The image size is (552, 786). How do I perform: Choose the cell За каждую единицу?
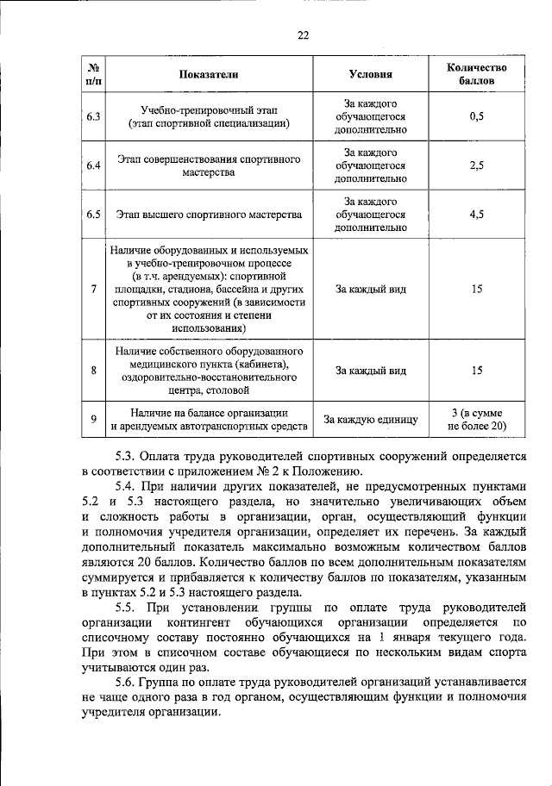pos(370,420)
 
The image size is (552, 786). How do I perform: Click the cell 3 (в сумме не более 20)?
pos(476,420)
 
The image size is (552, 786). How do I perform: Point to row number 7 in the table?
pos(93,288)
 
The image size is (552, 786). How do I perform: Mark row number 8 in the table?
pos(93,371)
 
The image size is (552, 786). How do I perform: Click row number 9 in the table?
pos(93,420)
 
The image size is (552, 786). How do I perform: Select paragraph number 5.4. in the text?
pos(129,487)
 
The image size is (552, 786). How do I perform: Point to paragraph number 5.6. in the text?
pos(129,685)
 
